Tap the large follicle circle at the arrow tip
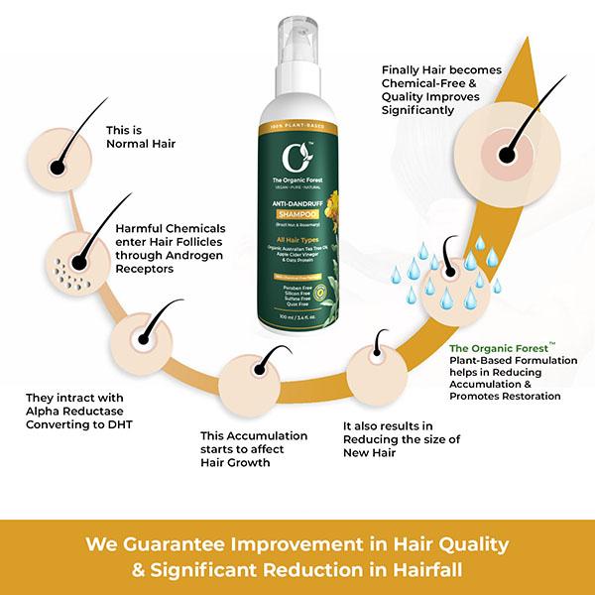tap(509, 151)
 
